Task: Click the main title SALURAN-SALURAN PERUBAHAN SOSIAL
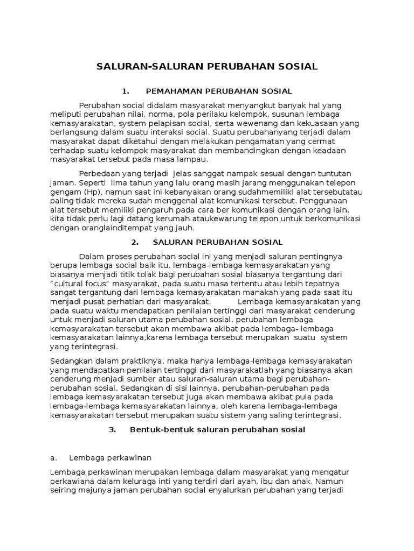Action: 207,67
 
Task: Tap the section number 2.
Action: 135,242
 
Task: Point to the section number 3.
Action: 112,429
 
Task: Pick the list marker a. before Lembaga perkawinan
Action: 53,457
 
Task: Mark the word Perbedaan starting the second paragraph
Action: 100,173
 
